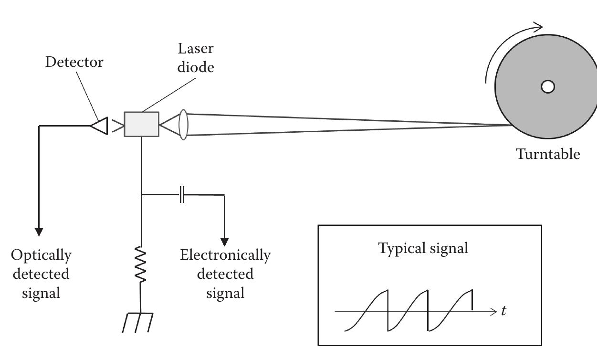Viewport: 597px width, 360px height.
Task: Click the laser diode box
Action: [x=141, y=124]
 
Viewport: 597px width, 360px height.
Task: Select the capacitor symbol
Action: [x=182, y=195]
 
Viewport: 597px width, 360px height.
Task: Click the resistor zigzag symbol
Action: [x=141, y=264]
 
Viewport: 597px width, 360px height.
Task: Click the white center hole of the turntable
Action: [x=548, y=86]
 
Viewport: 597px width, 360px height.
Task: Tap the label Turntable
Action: [x=548, y=154]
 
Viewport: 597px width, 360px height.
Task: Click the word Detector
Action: [x=74, y=62]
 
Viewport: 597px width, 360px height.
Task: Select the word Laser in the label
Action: [x=196, y=48]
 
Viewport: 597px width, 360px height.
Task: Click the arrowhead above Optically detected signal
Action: [x=39, y=232]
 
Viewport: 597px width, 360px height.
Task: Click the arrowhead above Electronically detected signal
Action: [x=224, y=242]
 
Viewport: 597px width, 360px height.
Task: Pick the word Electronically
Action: [x=225, y=255]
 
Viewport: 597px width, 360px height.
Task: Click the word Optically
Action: [x=41, y=255]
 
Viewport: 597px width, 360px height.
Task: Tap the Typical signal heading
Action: [x=423, y=248]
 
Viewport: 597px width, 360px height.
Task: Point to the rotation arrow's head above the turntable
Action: [x=539, y=26]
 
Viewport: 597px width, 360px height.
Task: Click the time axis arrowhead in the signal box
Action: [x=494, y=312]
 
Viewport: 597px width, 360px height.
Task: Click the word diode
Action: [x=196, y=67]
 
